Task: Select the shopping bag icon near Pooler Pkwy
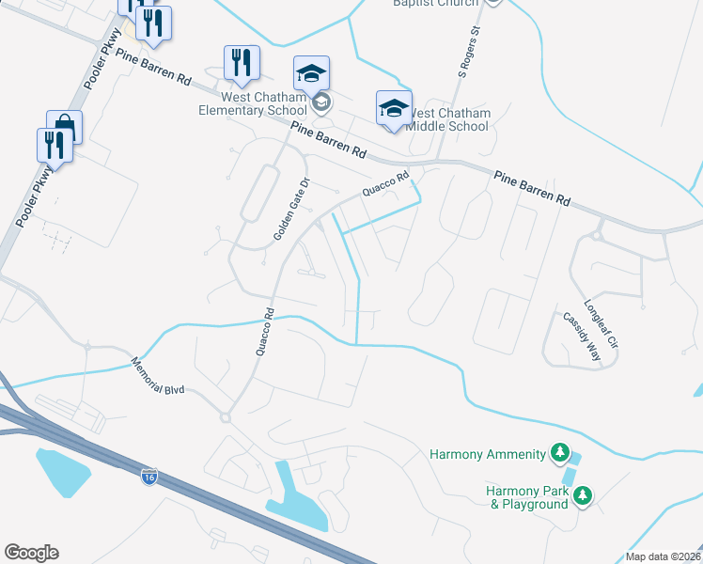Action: pyautogui.click(x=64, y=125)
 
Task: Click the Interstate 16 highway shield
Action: pyautogui.click(x=149, y=478)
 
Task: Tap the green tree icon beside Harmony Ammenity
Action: pyautogui.click(x=560, y=454)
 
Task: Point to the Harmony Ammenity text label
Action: pyautogui.click(x=487, y=455)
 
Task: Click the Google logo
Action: pyautogui.click(x=31, y=553)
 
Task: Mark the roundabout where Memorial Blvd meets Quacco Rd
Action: pyautogui.click(x=226, y=417)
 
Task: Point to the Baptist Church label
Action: pyautogui.click(x=434, y=3)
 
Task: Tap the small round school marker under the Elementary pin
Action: pyautogui.click(x=321, y=102)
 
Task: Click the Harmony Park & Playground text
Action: pyautogui.click(x=526, y=497)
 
